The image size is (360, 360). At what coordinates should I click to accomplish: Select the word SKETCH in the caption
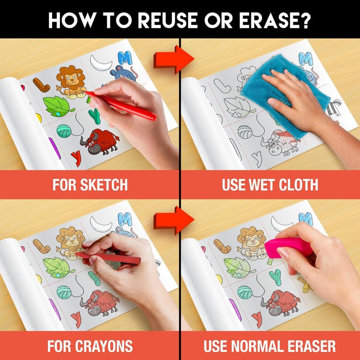104,184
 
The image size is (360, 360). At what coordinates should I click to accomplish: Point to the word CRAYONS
104,346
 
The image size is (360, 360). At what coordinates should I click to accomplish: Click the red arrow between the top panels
174,59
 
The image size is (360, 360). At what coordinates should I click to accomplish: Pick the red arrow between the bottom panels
174,220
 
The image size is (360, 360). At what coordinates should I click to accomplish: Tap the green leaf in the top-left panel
58,106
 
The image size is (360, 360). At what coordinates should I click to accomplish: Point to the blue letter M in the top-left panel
125,58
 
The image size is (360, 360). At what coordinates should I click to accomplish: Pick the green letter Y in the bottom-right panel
275,277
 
